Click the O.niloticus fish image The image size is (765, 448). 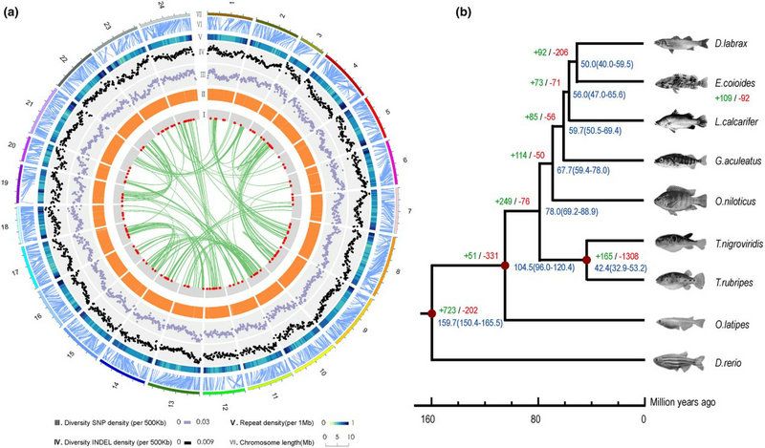pyautogui.click(x=677, y=203)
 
